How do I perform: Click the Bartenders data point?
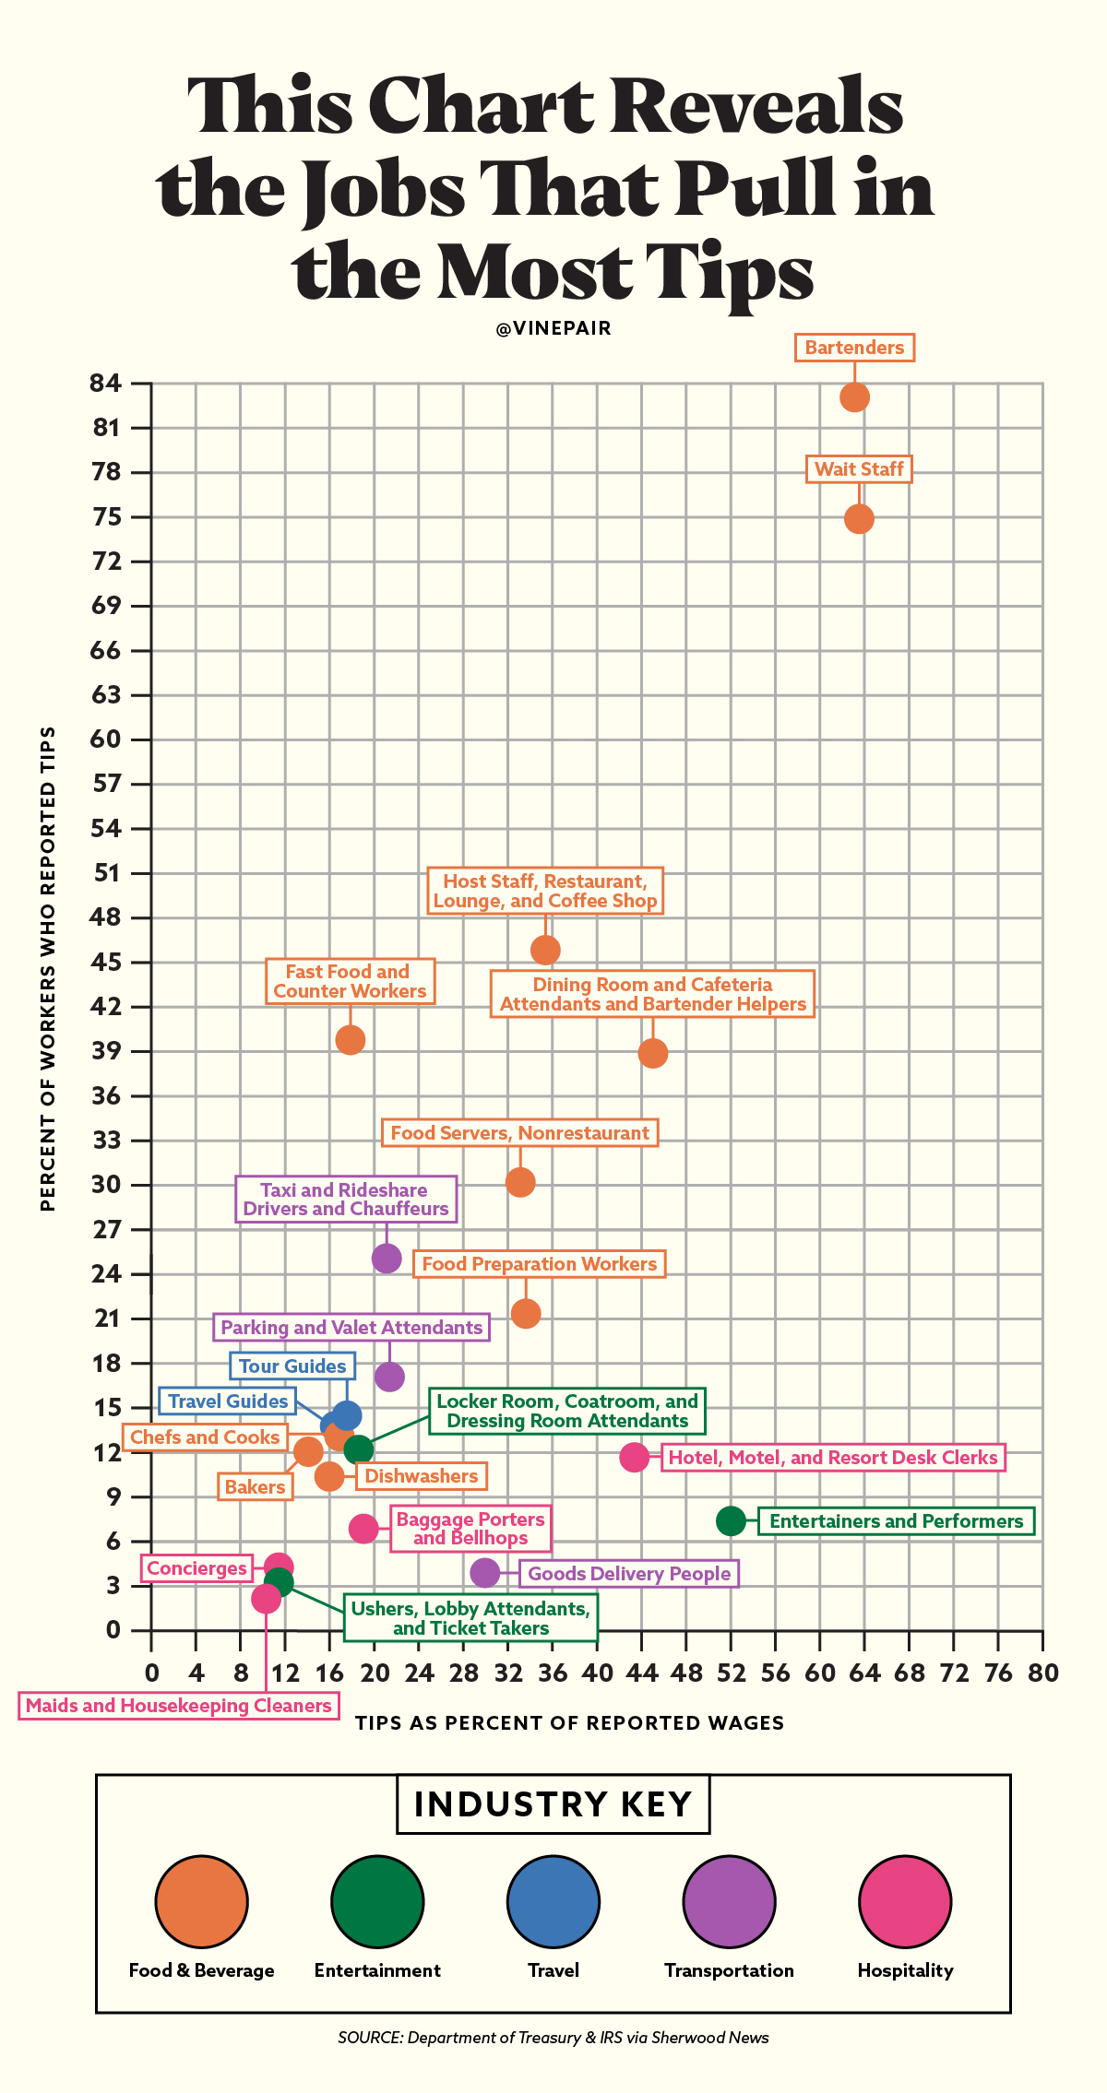854,397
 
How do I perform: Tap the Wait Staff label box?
859,469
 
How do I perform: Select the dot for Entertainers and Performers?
731,1521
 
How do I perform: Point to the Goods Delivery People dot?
485,1573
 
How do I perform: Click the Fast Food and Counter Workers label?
350,982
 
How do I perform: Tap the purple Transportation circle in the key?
729,1901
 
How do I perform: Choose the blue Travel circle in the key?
553,1901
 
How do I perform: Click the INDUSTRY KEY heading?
553,1804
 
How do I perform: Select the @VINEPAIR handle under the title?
553,329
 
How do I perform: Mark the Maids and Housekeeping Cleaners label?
179,1706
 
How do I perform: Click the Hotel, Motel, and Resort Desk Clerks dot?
635,1457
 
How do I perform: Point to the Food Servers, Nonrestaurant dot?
520,1182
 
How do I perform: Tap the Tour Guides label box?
292,1366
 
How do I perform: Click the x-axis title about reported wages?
569,1723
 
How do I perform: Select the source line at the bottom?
553,2038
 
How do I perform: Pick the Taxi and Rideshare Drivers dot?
387,1258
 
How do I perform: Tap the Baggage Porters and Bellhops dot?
364,1529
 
